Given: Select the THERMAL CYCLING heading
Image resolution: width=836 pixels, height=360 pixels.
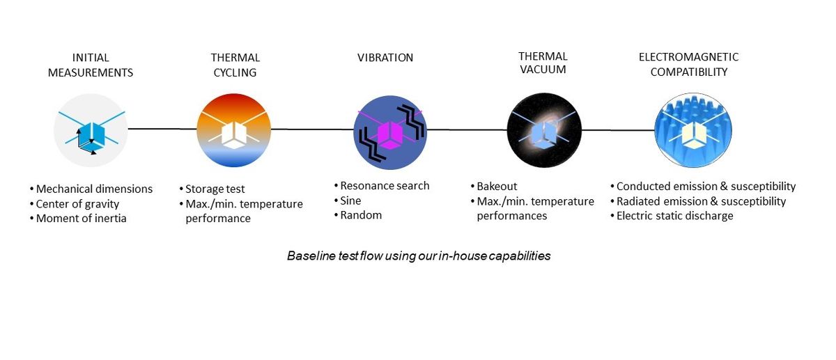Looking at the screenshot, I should tap(235, 65).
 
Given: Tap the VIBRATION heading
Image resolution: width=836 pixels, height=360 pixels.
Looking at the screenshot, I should tap(385, 58).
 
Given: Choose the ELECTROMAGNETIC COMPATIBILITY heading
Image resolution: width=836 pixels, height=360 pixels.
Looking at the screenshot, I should tap(688, 64).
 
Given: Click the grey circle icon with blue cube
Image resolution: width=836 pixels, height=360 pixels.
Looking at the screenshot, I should tap(91, 130).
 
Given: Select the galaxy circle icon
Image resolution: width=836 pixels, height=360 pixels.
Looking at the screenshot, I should tap(543, 130).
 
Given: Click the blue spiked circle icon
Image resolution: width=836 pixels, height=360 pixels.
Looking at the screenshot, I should tap(692, 130).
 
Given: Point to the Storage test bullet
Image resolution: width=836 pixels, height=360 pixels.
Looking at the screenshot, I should tap(215, 189).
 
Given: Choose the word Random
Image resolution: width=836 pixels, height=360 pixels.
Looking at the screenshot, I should tap(361, 215).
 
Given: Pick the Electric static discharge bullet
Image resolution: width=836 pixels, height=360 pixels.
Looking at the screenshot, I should tap(674, 216).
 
